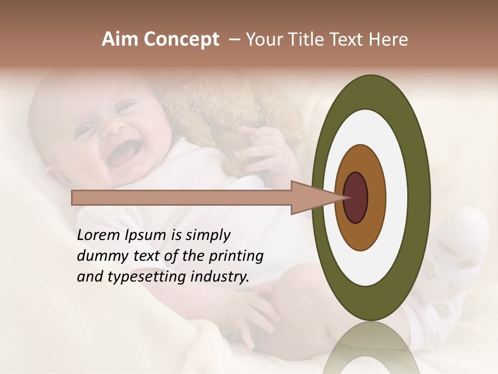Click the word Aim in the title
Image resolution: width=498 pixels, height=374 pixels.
pos(120,39)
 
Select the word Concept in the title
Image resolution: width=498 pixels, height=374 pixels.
pos(181,39)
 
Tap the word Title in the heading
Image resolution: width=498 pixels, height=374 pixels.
pos(309,39)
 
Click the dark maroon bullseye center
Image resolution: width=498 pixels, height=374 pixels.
pos(356,197)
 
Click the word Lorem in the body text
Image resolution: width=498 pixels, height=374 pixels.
pos(98,235)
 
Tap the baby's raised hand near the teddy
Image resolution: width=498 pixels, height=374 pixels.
pos(259,148)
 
